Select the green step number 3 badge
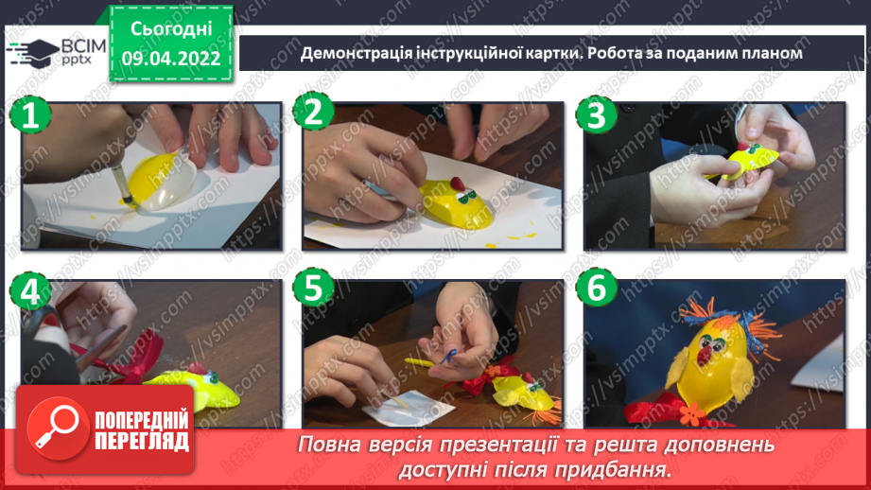[x=595, y=114]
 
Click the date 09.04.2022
[x=170, y=59]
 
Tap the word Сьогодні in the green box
[x=170, y=30]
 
